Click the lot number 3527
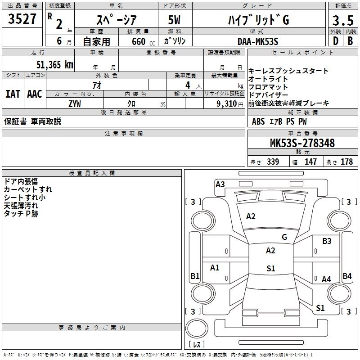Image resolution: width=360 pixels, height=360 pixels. [22, 19]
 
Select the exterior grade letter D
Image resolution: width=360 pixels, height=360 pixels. [335, 40]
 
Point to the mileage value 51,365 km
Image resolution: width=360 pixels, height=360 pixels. [54, 64]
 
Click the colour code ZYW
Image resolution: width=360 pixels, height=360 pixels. [75, 103]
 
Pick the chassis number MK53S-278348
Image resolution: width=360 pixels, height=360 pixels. [302, 143]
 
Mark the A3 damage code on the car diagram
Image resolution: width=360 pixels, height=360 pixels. [220, 184]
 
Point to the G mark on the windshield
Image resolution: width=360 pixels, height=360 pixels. [284, 237]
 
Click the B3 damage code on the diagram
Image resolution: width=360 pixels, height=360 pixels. [327, 241]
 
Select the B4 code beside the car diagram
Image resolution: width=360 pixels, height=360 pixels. [347, 276]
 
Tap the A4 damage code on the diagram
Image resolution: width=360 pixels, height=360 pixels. [326, 279]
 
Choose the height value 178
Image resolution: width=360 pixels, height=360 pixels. [347, 162]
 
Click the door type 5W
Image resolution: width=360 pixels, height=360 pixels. [174, 19]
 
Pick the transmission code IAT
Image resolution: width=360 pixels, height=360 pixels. [13, 94]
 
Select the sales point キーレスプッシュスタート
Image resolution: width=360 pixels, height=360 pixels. [288, 71]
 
